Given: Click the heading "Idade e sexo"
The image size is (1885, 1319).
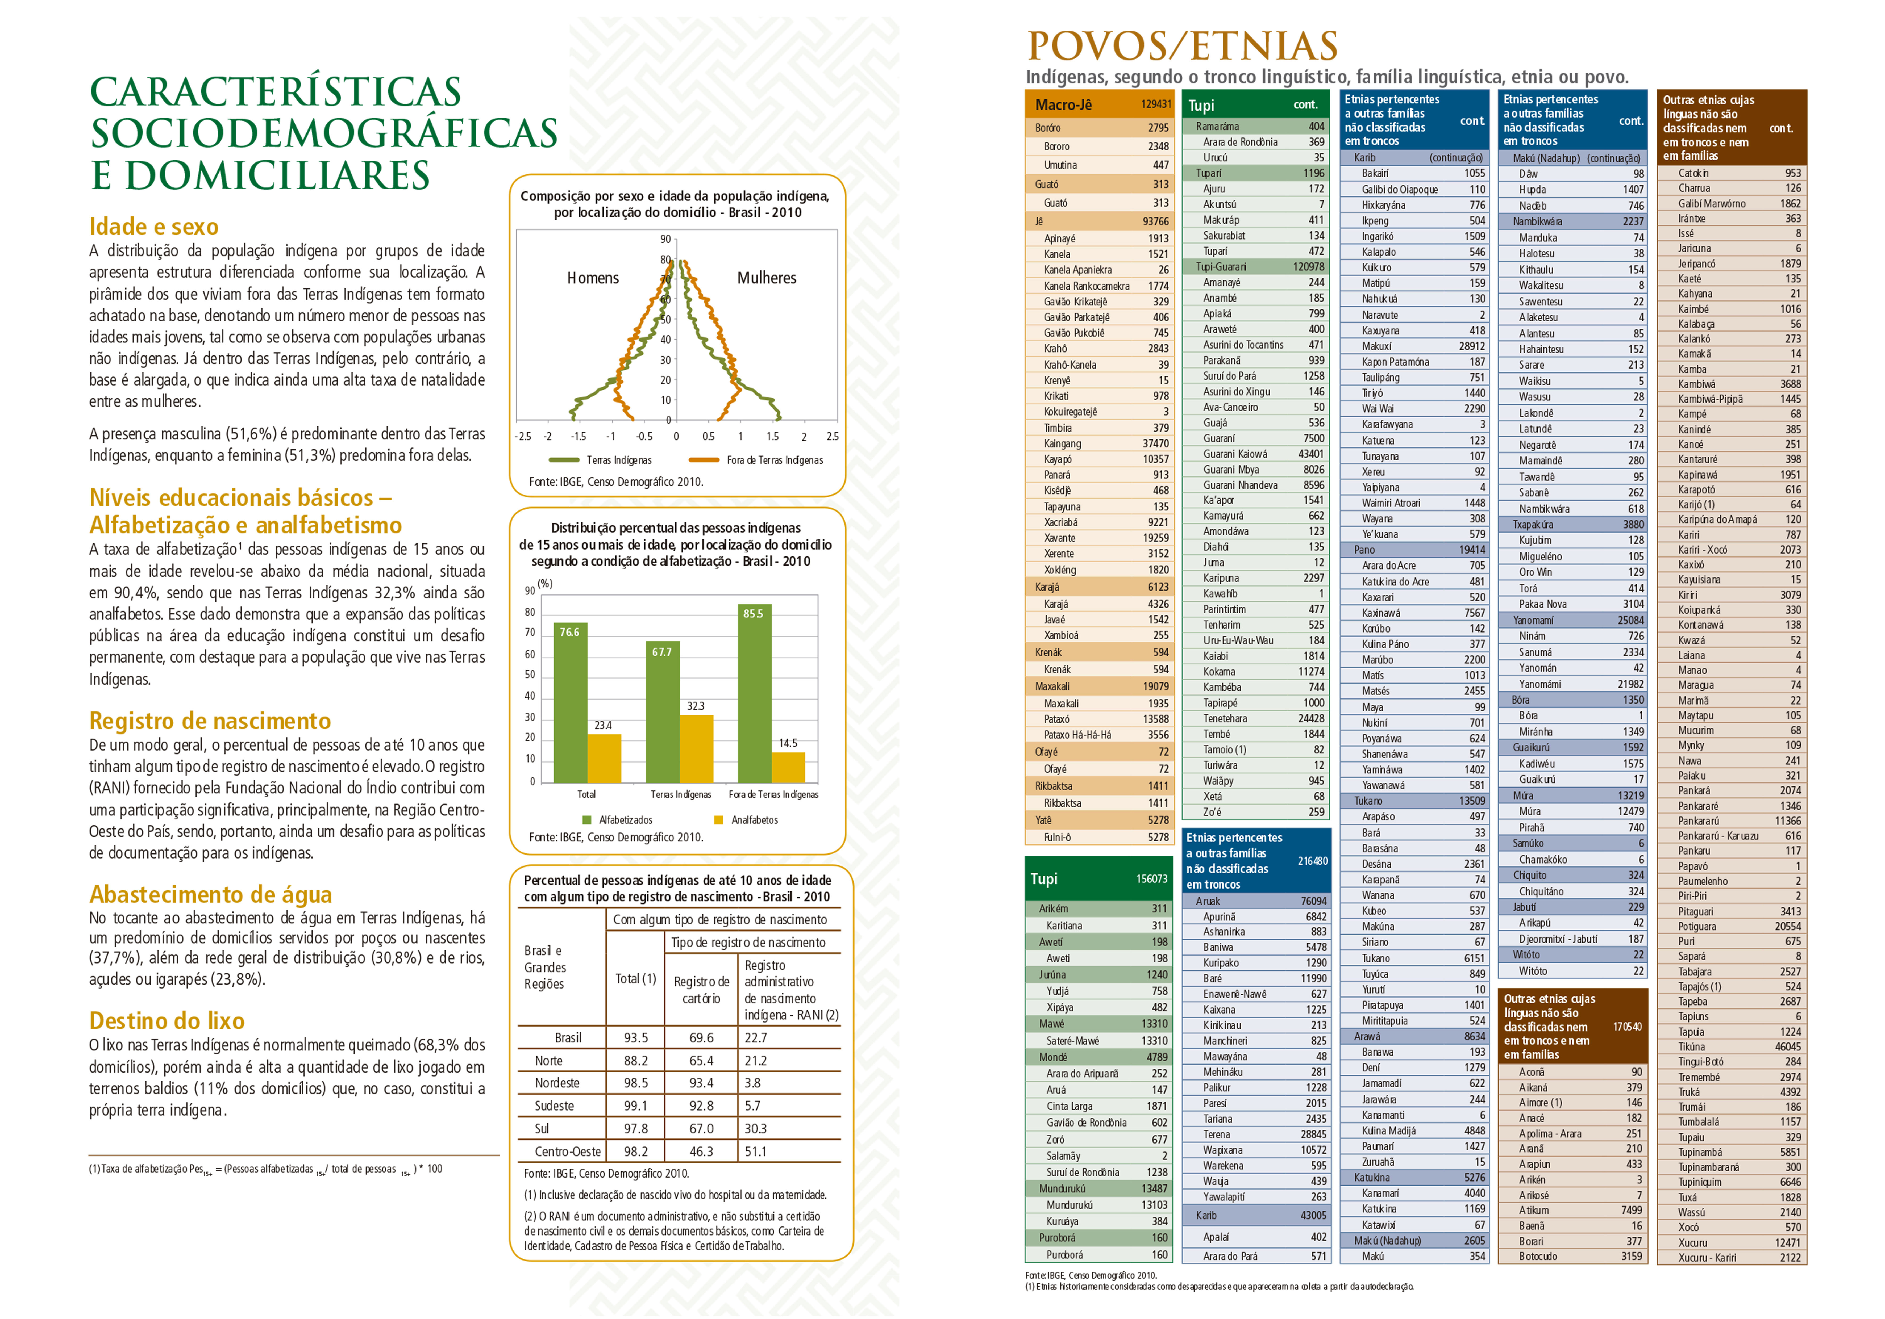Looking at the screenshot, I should tap(153, 227).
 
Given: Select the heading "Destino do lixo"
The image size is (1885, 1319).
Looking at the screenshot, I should tap(167, 1020).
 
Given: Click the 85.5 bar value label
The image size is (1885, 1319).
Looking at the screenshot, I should tap(753, 613).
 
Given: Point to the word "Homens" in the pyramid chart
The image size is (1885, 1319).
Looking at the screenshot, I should tap(593, 278).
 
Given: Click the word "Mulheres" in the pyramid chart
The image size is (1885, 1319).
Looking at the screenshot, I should tap(766, 278).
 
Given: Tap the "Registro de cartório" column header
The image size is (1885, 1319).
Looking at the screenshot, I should tap(701, 990).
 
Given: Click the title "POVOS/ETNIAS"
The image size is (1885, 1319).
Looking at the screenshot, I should tap(1182, 46).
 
